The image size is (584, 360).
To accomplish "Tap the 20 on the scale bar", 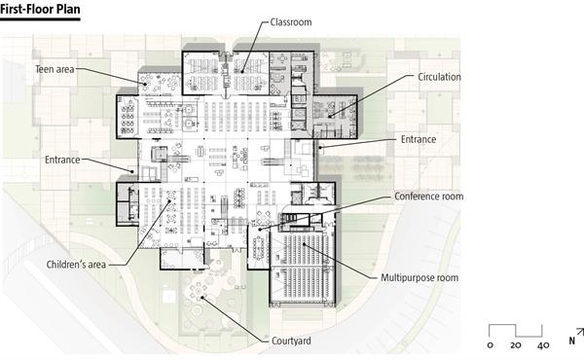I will coord(516,345).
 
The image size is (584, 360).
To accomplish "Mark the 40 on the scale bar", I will coord(542,345).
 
